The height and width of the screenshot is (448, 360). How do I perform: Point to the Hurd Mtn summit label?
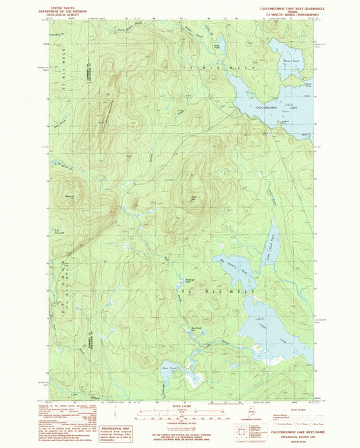pyautogui.click(x=194, y=198)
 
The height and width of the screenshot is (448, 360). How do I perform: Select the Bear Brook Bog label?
pyautogui.click(x=197, y=330)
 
